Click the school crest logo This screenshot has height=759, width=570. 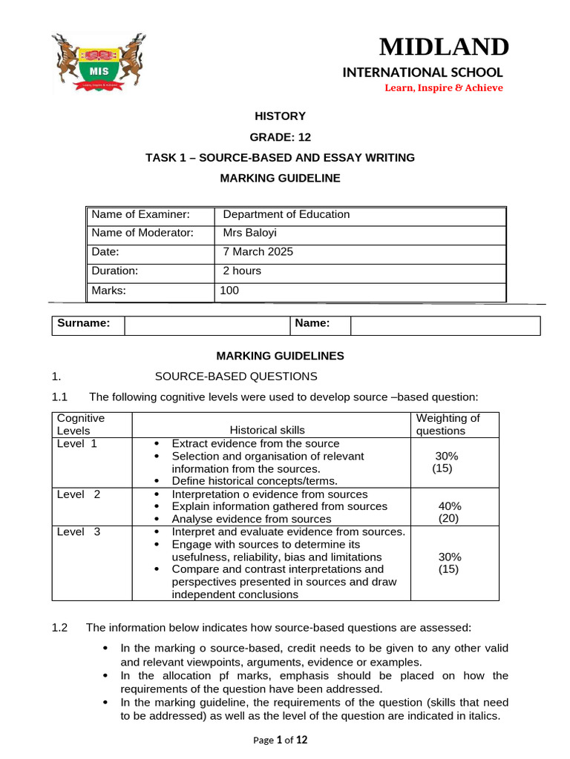point(99,64)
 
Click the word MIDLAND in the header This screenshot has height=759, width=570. point(444,47)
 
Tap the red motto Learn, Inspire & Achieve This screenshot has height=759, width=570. point(443,87)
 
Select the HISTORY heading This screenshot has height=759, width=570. point(280,116)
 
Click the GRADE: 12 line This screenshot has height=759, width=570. point(280,136)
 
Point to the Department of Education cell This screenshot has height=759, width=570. point(286,214)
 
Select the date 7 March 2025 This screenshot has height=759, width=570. point(258,252)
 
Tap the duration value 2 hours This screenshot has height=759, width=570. point(242,271)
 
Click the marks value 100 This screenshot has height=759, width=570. point(229,291)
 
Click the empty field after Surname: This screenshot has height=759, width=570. point(206,325)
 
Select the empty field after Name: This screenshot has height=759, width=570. point(445,325)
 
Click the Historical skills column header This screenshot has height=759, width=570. point(267,430)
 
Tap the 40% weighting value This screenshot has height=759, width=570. point(449,506)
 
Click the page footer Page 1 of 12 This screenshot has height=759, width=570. point(280,740)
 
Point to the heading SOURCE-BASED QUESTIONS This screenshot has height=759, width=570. point(235,377)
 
